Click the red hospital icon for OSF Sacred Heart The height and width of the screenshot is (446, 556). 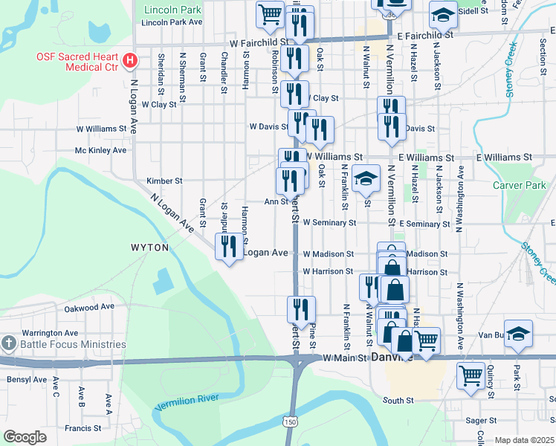pyautogui.click(x=131, y=59)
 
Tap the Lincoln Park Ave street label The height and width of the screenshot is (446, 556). pyautogui.click(x=172, y=22)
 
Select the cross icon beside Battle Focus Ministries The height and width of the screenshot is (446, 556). pyautogui.click(x=8, y=344)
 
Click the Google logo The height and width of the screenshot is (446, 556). pyautogui.click(x=25, y=437)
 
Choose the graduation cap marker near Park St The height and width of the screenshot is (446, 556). pyautogui.click(x=518, y=333)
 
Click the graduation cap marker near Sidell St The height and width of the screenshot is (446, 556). pyautogui.click(x=443, y=13)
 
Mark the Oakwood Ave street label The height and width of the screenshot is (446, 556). pyautogui.click(x=89, y=307)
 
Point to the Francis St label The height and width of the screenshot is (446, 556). pyautogui.click(x=82, y=428)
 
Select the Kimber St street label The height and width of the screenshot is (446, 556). pyautogui.click(x=164, y=181)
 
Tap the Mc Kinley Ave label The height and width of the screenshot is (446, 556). pyautogui.click(x=100, y=150)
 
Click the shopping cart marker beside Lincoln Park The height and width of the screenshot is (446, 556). pyautogui.click(x=270, y=13)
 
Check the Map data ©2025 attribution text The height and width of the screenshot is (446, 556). pyautogui.click(x=525, y=440)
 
